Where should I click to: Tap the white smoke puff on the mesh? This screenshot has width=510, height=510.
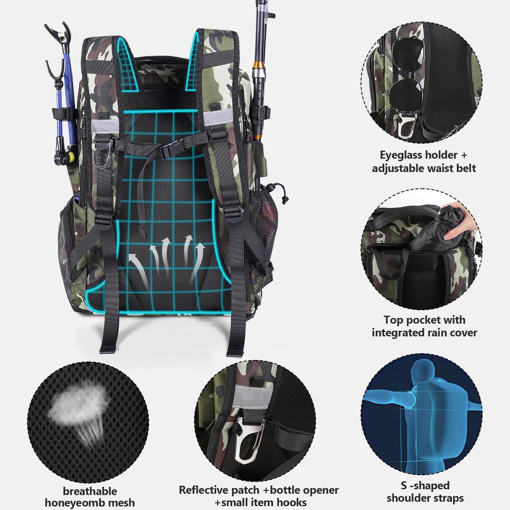point(71,411)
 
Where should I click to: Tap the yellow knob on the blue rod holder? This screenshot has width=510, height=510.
point(72,156)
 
